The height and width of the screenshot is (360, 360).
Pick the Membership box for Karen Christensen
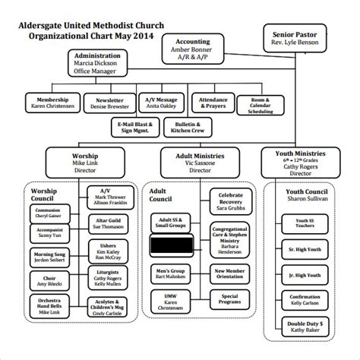52,103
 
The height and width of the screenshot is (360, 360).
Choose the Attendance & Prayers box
212,103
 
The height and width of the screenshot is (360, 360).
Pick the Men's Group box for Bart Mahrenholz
169,275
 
